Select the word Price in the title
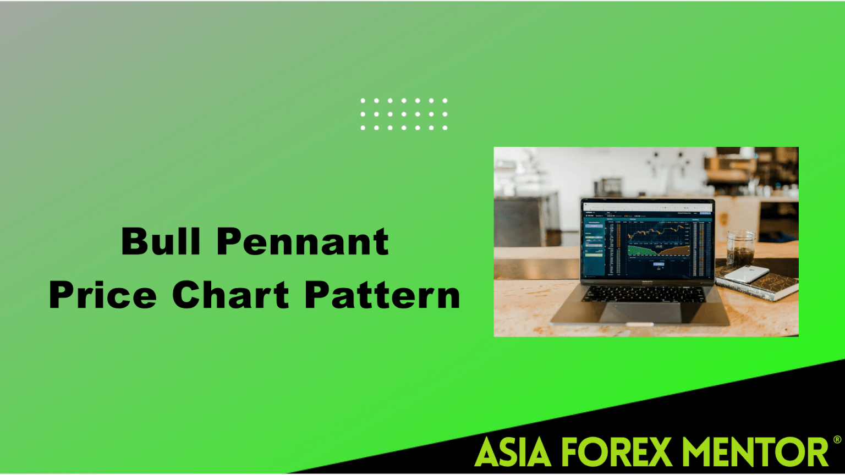(x=103, y=295)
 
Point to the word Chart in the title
(x=231, y=295)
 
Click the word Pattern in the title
(x=382, y=295)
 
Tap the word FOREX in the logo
(x=616, y=452)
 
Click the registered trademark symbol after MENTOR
(x=837, y=440)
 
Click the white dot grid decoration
(x=404, y=114)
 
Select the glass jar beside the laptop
(x=740, y=248)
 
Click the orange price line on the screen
(x=657, y=232)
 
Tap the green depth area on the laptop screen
(x=641, y=251)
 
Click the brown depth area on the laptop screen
(x=676, y=252)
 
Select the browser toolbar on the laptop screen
(x=647, y=207)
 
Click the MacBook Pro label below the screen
(x=648, y=281)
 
